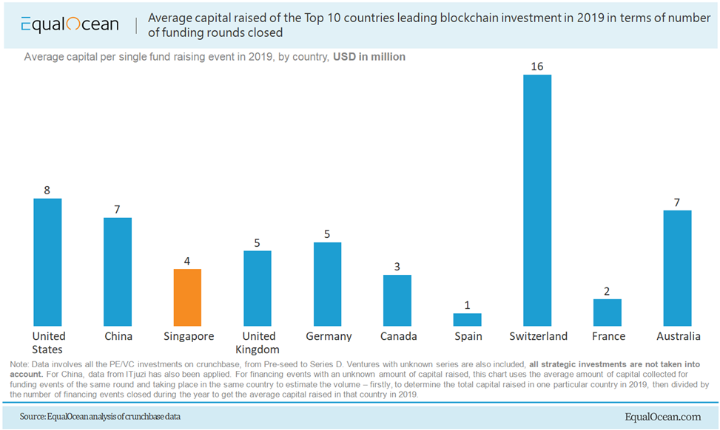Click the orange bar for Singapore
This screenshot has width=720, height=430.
187,297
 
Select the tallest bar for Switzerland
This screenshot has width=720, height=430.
537,200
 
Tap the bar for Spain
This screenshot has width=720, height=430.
467,319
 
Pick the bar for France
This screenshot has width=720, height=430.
608,313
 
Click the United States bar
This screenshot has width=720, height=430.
47,262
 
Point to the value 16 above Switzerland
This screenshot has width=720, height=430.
537,66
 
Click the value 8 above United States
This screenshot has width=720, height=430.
47,190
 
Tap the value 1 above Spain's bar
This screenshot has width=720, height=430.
467,305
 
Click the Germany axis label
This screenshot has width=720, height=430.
329,336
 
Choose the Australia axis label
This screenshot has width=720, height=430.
678,336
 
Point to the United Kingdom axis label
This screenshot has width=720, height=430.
258,343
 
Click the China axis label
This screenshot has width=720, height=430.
118,336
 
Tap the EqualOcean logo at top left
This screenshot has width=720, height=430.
70,24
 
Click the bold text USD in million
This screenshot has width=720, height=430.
369,57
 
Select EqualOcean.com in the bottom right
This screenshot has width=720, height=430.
663,417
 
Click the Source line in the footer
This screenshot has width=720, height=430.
101,417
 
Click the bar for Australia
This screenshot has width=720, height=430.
677,268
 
